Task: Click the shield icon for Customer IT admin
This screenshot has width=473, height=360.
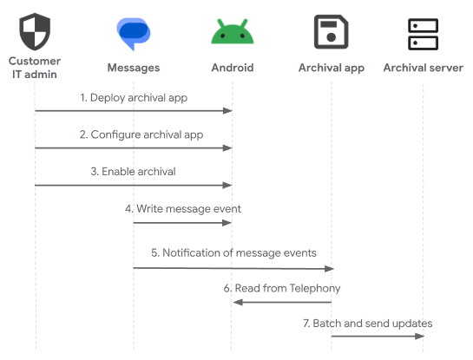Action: [x=34, y=32]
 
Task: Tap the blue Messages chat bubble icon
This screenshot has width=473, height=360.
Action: [x=134, y=33]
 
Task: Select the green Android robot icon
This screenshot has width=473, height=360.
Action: [x=232, y=32]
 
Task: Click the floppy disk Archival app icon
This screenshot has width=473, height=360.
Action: [x=331, y=32]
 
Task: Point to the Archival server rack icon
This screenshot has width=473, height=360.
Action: [x=424, y=33]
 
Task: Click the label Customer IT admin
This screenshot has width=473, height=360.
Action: [x=34, y=67]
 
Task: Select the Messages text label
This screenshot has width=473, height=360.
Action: [x=134, y=68]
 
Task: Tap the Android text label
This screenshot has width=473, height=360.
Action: [x=232, y=68]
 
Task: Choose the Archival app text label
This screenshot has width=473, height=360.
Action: [x=331, y=68]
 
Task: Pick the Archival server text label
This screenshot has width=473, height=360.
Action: [x=424, y=68]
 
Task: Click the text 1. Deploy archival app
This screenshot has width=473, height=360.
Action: [x=134, y=98]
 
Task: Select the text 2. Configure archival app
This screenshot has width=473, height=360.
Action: [x=134, y=134]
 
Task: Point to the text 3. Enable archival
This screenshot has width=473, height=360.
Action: [x=134, y=172]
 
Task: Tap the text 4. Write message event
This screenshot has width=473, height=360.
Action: [x=183, y=209]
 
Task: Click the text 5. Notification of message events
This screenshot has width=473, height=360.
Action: [x=233, y=252]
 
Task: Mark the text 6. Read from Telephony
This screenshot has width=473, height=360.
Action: [x=282, y=288]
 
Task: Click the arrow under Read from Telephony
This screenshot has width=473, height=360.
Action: [x=282, y=302]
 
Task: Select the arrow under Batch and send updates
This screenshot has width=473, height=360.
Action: [x=378, y=337]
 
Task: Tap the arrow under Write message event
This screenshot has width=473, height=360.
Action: [x=183, y=223]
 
